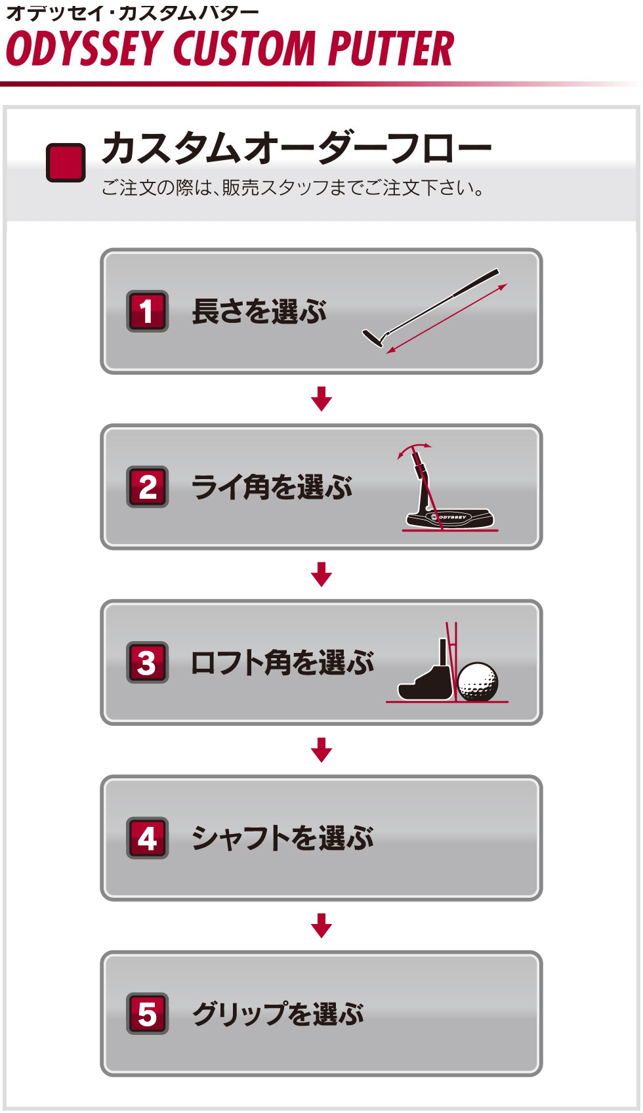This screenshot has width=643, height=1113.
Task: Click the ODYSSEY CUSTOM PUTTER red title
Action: (230, 48)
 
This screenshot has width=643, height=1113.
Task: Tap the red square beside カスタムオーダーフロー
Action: (66, 163)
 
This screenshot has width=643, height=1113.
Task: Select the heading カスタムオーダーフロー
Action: (297, 148)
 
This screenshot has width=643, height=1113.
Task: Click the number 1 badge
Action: (147, 311)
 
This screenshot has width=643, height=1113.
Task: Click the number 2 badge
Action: (147, 486)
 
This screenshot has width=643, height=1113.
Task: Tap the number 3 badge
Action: (147, 662)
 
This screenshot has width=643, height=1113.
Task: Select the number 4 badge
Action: (147, 838)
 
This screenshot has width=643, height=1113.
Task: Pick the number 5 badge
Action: (147, 1014)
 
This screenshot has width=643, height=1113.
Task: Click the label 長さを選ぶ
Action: (259, 312)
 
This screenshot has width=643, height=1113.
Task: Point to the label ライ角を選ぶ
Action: (272, 487)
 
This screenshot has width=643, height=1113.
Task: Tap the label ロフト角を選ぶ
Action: (282, 662)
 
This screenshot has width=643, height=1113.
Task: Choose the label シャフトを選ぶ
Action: (282, 838)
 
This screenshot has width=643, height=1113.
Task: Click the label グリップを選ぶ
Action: (278, 1014)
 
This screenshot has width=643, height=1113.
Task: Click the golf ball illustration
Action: (478, 681)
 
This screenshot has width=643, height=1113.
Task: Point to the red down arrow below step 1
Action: (321, 398)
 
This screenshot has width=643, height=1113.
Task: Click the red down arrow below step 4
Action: (321, 925)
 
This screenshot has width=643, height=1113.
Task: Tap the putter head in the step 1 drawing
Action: (374, 338)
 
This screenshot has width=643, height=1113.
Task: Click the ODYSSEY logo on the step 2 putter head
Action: (449, 517)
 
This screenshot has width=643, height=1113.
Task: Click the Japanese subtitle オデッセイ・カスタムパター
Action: (133, 13)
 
